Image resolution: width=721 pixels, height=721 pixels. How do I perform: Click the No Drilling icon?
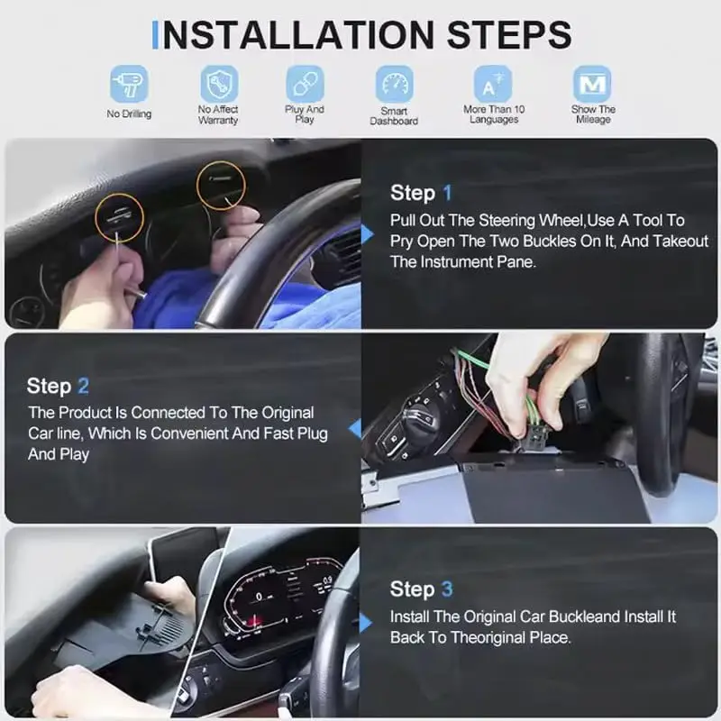point(129,85)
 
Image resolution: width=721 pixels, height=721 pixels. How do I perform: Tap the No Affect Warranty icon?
point(218,84)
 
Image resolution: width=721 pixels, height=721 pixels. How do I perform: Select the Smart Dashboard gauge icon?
point(395,85)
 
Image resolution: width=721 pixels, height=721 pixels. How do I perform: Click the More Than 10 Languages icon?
point(494,85)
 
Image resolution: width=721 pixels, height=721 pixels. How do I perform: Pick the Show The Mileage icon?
point(592,85)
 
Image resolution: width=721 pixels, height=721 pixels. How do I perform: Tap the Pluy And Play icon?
point(305,84)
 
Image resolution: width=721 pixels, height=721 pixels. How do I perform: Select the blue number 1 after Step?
point(446,193)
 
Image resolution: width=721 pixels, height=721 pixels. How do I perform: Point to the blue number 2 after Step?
point(83,387)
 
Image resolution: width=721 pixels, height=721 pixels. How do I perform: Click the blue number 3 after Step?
point(446,589)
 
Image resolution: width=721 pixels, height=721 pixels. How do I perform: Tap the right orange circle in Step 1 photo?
point(222,186)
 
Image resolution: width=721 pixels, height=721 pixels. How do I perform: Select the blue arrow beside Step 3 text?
point(366,623)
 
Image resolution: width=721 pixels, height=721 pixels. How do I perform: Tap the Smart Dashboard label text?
point(394,115)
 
